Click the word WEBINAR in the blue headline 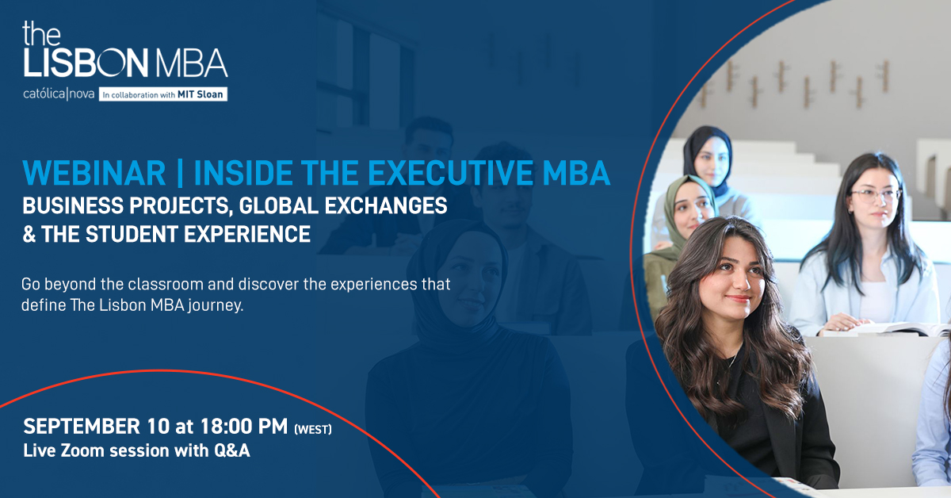(94, 173)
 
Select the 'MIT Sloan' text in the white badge (200, 94)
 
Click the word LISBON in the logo (86, 63)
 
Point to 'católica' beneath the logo (44, 94)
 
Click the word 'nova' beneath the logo (82, 94)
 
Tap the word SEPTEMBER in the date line (82, 426)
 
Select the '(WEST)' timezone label (313, 430)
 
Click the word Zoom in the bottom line (82, 450)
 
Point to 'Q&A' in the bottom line (231, 450)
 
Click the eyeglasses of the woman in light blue (877, 196)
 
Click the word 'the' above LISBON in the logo (41, 33)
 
